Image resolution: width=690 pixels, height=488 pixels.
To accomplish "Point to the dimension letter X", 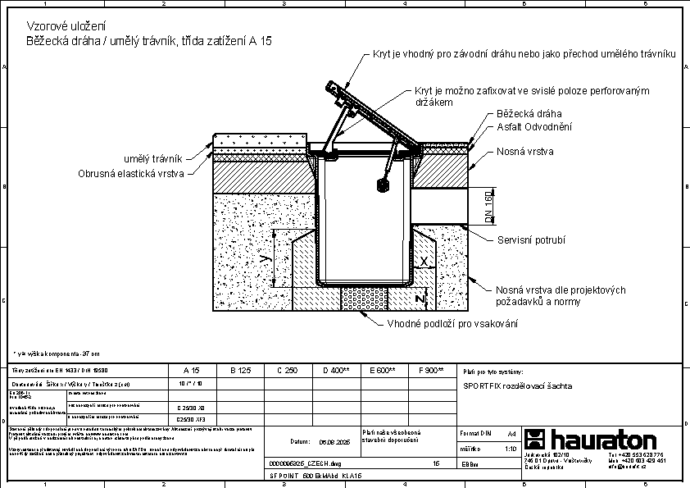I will click(x=423, y=261).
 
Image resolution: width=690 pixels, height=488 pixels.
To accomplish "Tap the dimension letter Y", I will click(x=263, y=259).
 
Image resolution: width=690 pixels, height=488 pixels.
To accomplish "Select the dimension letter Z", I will click(x=420, y=297).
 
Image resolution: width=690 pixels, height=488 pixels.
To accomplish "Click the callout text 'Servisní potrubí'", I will click(x=531, y=240).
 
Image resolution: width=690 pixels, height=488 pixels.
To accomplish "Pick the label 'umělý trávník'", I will click(x=153, y=158).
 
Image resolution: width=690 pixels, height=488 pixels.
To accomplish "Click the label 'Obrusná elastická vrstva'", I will click(x=131, y=173).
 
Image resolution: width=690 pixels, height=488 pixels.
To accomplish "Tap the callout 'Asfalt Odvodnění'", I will click(x=534, y=127).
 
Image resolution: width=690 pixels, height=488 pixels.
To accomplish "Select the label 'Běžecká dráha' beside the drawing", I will click(x=529, y=114).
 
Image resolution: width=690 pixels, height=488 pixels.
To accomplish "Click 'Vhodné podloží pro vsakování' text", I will click(x=452, y=323).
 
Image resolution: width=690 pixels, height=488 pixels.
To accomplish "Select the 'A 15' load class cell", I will click(x=191, y=371).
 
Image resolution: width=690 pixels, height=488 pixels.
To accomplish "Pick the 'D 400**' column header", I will click(x=336, y=371).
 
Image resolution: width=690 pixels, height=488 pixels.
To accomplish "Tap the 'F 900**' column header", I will click(x=430, y=371).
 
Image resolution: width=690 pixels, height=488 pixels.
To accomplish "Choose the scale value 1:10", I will click(x=511, y=449).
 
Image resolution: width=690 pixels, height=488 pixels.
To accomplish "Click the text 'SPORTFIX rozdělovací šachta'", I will click(x=517, y=385).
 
